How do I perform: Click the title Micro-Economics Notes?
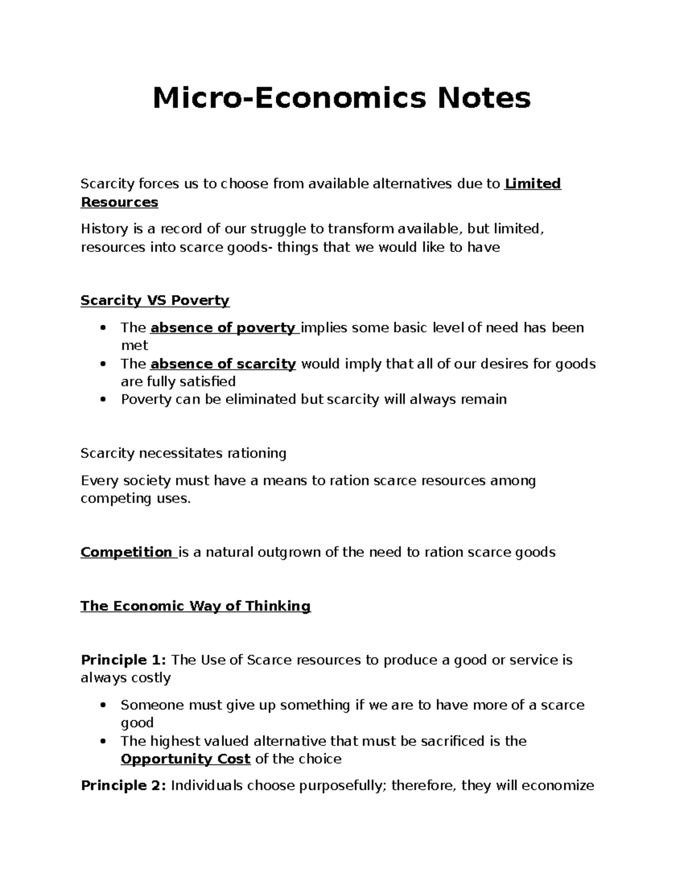point(341,98)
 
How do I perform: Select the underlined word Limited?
point(533,183)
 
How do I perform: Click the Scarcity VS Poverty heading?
point(155,300)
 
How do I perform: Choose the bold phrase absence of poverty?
point(223,328)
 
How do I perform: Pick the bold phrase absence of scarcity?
point(223,364)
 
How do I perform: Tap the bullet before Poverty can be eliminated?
point(103,399)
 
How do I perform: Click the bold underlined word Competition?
point(127,552)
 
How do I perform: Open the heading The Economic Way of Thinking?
point(196,606)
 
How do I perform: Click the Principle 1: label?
point(124,660)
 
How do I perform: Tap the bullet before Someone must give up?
point(103,705)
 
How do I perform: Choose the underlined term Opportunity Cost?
point(186,759)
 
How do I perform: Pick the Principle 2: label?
point(124,786)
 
